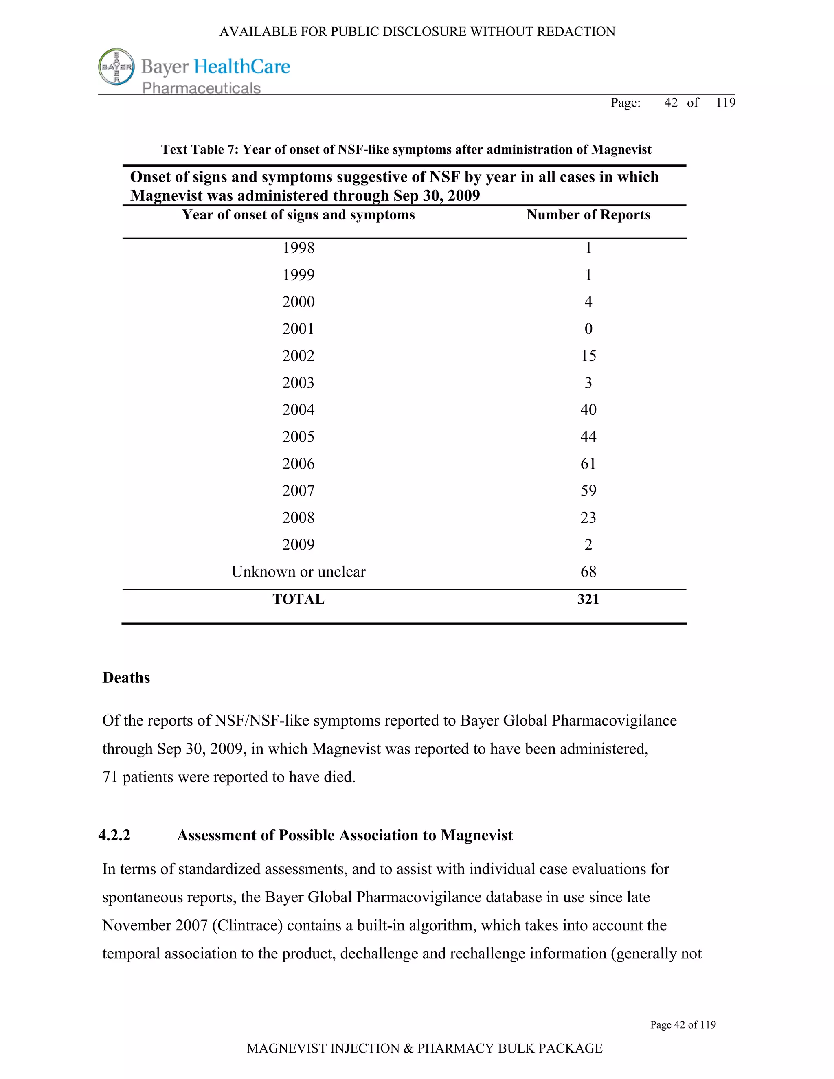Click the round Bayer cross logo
pos(116,67)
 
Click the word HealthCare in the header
pos(241,67)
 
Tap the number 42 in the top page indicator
pos(670,102)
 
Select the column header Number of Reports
pos(588,215)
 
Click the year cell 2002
pos(298,356)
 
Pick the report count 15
pos(588,356)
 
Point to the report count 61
pos(588,463)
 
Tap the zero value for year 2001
pos(588,329)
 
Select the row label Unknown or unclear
pos(298,572)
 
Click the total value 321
pos(588,599)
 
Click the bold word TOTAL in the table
pos(298,599)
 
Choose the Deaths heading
pos(126,678)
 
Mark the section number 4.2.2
pos(114,835)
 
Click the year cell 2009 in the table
pos(298,544)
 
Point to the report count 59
pos(588,491)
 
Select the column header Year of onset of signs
pos(298,215)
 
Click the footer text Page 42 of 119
pos(683,1025)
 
